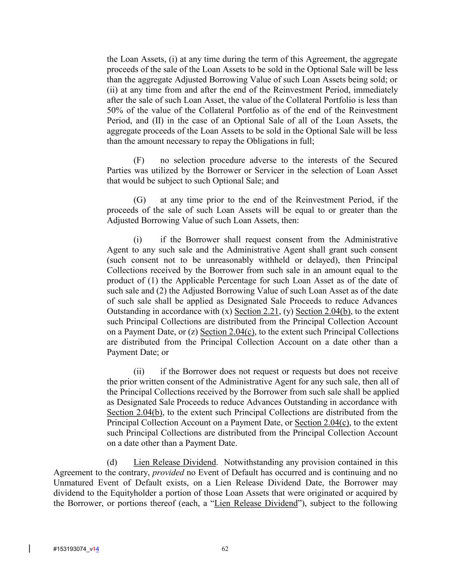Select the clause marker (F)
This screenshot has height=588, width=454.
pyautogui.click(x=139, y=160)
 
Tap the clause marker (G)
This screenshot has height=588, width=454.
pyautogui.click(x=139, y=200)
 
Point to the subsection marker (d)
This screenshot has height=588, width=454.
pyautogui.click(x=112, y=462)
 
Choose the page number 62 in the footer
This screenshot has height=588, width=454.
pyautogui.click(x=225, y=548)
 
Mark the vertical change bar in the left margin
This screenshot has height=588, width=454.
pyautogui.click(x=29, y=548)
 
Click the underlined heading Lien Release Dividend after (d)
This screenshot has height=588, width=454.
pyautogui.click(x=174, y=462)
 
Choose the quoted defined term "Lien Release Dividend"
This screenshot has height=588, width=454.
pyautogui.click(x=256, y=504)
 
